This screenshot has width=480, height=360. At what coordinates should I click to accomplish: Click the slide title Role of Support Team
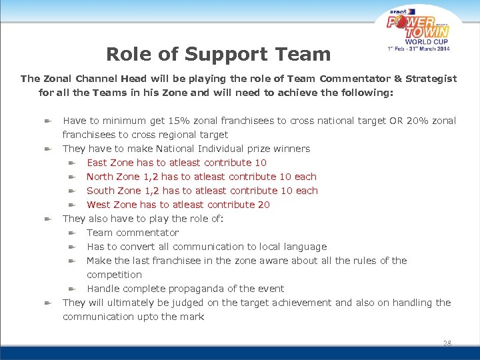[218, 54]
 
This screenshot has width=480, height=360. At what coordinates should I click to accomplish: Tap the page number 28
[447, 343]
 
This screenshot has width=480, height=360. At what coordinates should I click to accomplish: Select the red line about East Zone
[177, 163]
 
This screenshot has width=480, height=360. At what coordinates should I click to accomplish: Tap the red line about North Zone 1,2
[201, 177]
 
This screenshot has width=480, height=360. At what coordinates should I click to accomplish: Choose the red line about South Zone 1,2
[202, 191]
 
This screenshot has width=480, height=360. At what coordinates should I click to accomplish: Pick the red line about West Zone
[178, 205]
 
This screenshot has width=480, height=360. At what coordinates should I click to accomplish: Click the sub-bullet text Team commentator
[133, 233]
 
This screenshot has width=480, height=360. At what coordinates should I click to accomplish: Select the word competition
[114, 275]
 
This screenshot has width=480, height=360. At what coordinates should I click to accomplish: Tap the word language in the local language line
[304, 247]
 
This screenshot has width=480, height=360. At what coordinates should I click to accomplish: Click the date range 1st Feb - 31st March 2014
[419, 48]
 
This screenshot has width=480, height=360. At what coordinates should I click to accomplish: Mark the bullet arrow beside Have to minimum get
[48, 121]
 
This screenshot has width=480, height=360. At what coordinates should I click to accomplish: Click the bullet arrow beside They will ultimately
[48, 303]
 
